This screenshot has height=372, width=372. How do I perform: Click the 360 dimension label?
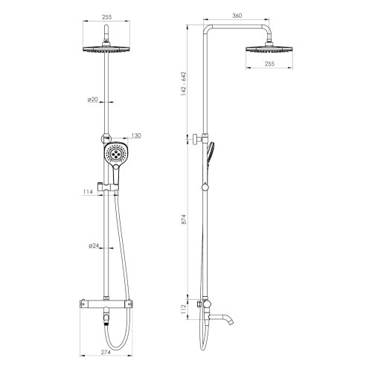(237, 16)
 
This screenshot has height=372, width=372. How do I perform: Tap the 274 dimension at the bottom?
(106, 352)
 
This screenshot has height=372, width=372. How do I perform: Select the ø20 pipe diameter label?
(93, 100)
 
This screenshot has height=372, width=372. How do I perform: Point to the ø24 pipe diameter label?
(94, 246)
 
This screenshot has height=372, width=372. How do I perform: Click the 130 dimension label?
(136, 135)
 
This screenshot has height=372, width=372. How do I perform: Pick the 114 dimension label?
(88, 192)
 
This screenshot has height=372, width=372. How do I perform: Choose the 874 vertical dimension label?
(184, 219)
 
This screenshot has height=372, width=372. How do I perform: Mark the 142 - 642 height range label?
(184, 84)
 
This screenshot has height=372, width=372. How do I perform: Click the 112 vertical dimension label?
(184, 310)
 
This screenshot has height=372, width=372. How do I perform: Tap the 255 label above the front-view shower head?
(106, 17)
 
